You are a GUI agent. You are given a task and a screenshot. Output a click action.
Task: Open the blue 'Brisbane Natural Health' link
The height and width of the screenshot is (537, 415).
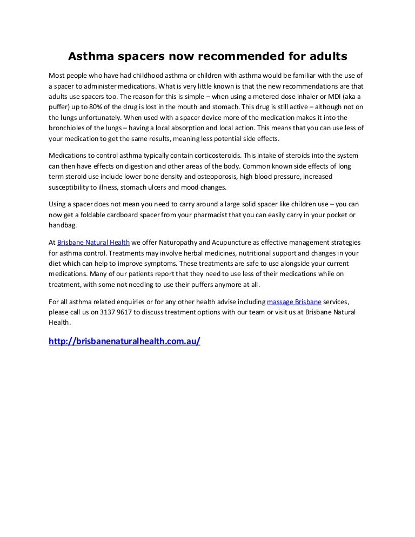pos(93,243)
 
